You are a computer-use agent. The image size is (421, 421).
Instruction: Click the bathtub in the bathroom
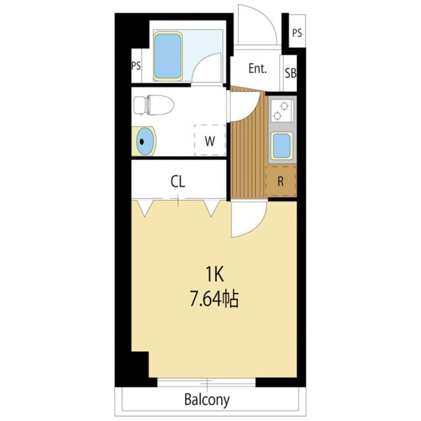pyautogui.click(x=168, y=56)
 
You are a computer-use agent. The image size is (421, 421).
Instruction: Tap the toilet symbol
pyautogui.click(x=153, y=105)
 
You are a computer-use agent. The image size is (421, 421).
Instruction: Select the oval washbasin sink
pyautogui.click(x=146, y=141)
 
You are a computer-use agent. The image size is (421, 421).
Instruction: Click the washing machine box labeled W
pyautogui.click(x=210, y=140)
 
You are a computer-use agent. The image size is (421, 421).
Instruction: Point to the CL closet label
pyautogui.click(x=178, y=182)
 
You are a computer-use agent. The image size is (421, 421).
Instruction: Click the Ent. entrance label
pyautogui.click(x=257, y=68)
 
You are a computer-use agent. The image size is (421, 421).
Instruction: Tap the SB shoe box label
pyautogui.click(x=291, y=73)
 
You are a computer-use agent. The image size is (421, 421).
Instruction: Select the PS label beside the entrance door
pyautogui.click(x=297, y=33)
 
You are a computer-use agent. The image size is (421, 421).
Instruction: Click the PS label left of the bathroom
pyautogui.click(x=136, y=66)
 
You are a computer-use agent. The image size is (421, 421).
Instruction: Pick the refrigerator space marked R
pyautogui.click(x=281, y=182)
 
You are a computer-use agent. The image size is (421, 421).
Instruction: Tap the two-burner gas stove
pyautogui.click(x=281, y=111)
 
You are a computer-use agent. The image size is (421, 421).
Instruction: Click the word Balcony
pyautogui.click(x=207, y=400)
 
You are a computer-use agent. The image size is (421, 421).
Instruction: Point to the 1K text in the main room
pyautogui.click(x=214, y=274)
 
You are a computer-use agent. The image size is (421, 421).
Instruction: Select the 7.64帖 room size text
pyautogui.click(x=214, y=299)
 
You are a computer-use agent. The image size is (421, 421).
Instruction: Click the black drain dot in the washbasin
pyautogui.click(x=142, y=141)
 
